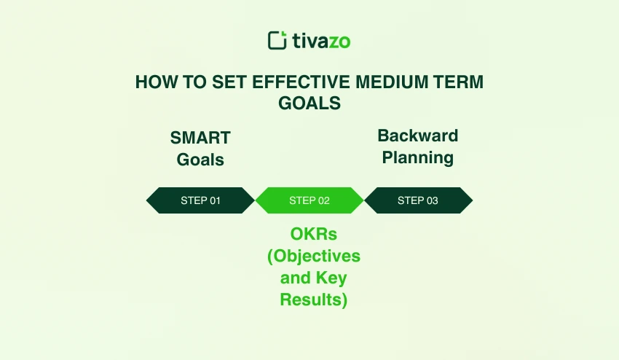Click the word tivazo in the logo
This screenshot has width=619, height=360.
pyautogui.click(x=321, y=41)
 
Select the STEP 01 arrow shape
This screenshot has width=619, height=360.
pyautogui.click(x=200, y=200)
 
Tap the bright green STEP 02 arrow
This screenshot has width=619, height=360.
pyautogui.click(x=309, y=200)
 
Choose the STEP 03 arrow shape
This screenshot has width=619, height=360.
pyautogui.click(x=418, y=200)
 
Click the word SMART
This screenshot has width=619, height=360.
pyautogui.click(x=200, y=138)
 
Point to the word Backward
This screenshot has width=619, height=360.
pyautogui.click(x=418, y=136)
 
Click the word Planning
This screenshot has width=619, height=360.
pyautogui.click(x=418, y=157)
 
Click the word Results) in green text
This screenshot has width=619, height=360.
pyautogui.click(x=314, y=300)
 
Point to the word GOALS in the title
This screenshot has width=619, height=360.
pyautogui.click(x=309, y=103)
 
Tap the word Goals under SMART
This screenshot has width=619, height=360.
pyautogui.click(x=200, y=160)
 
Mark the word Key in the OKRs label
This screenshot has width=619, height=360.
pyautogui.click(x=332, y=278)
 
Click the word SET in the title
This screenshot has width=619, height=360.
pyautogui.click(x=227, y=82)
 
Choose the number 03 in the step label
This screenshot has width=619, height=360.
pyautogui.click(x=431, y=200)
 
